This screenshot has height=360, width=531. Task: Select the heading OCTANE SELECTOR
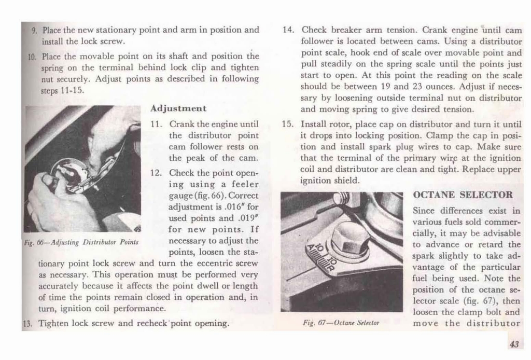[x=463, y=196]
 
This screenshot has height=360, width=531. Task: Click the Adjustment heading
[x=178, y=108]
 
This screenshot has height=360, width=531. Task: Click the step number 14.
[x=288, y=30]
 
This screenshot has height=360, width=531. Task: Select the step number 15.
[x=288, y=124]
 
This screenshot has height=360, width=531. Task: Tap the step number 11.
[x=157, y=124]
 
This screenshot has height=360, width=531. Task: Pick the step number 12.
[x=157, y=173]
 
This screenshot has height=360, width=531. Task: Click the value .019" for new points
[x=247, y=218]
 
